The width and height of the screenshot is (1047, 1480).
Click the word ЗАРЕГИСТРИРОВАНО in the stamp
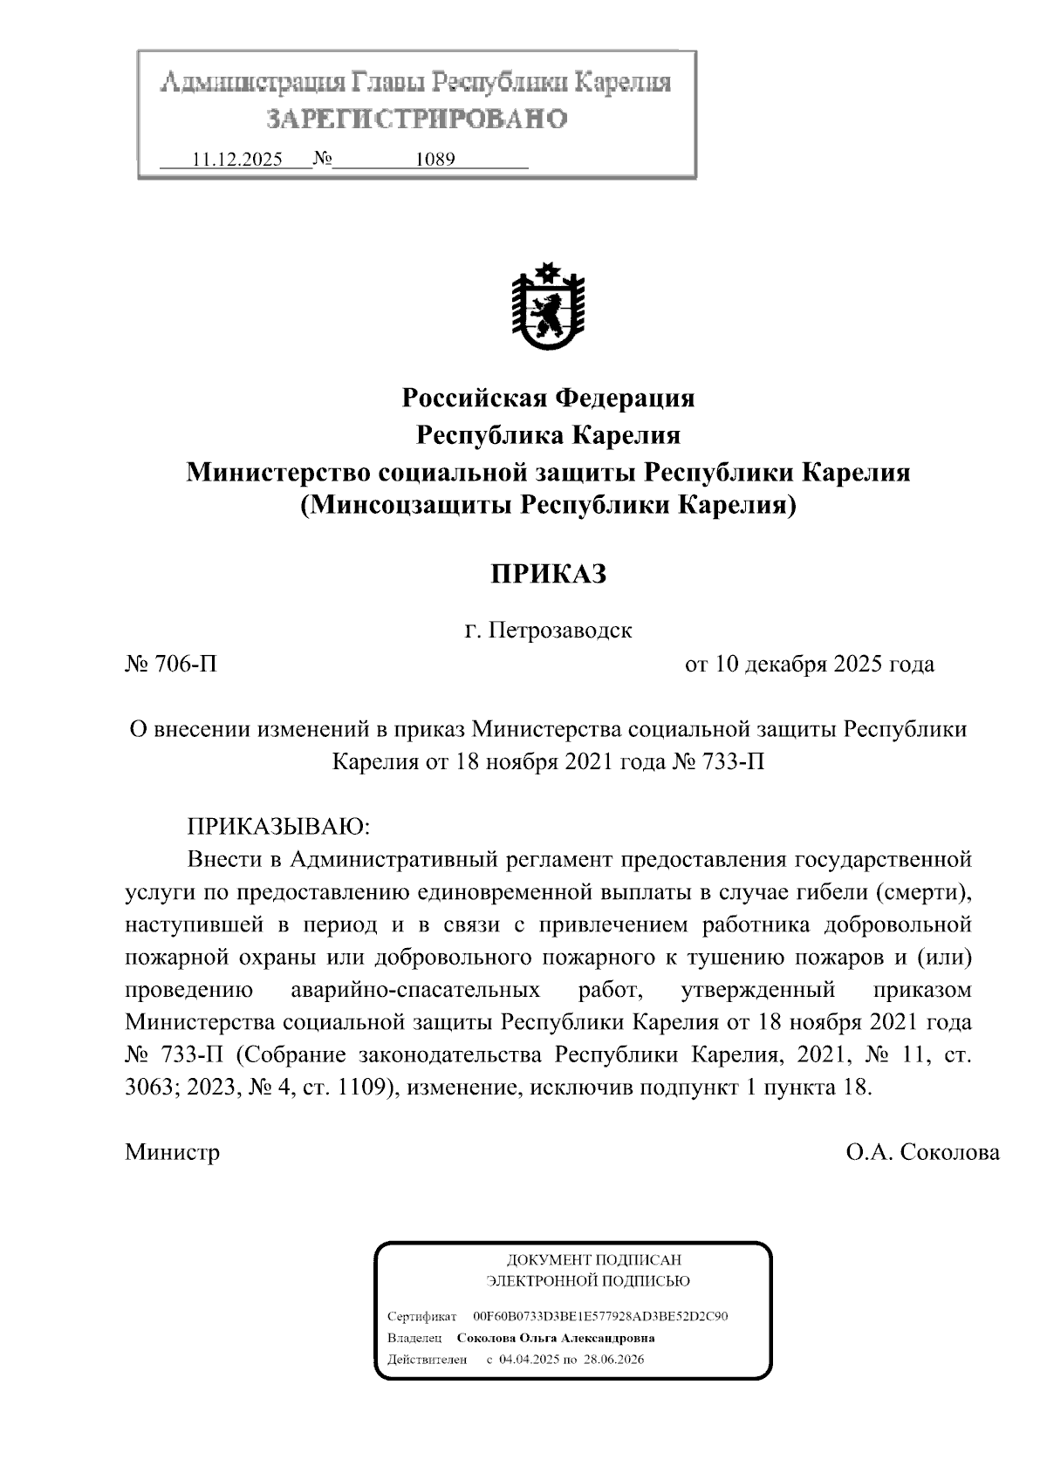416,119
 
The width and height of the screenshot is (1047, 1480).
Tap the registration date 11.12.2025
236,160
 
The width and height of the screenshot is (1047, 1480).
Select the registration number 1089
435,160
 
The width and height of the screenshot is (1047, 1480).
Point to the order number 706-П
172,665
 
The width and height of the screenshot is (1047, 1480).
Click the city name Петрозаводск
559,630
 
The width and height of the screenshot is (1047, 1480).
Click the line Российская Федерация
548,399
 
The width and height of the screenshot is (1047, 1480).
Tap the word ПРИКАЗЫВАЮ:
278,826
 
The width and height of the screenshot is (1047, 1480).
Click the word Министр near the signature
172,1152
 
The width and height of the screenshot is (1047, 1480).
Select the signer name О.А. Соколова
922,1152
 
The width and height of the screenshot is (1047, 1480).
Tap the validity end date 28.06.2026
614,1359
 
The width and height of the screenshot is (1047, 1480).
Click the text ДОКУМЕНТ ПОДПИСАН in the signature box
593,1259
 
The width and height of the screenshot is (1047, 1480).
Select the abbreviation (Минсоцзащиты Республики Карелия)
548,505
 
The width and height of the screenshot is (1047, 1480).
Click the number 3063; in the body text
152,1088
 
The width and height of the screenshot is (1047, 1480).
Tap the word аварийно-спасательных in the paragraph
414,990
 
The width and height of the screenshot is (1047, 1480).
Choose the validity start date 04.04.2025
528,1359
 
